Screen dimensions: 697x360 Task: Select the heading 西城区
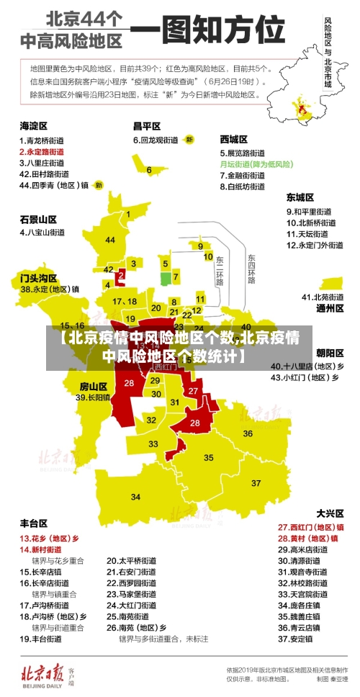point(234,138)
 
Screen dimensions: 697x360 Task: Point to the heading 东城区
point(300,197)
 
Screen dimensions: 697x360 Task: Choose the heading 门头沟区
point(38,277)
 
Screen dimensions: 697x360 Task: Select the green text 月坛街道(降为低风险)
point(256,164)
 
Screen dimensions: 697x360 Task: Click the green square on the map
point(165,278)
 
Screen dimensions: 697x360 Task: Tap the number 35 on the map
point(209,457)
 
